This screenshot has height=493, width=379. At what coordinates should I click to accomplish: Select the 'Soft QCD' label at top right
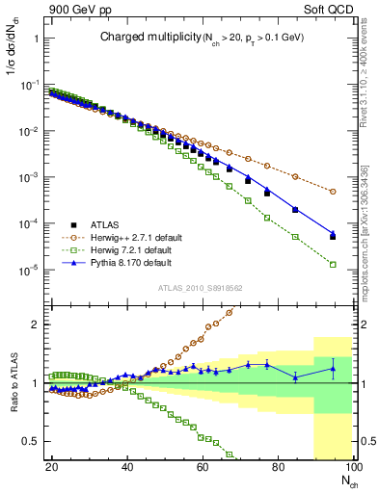click(328, 9)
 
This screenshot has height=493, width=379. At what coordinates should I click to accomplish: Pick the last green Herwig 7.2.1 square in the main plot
click(332, 265)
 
